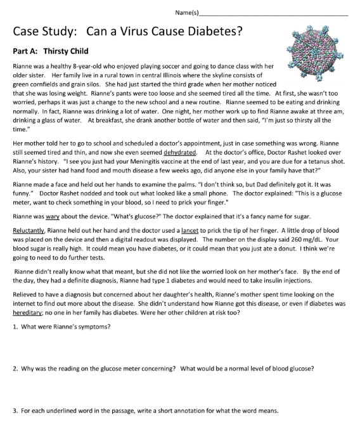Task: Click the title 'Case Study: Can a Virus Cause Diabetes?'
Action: point(127,30)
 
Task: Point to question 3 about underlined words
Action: point(145,410)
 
